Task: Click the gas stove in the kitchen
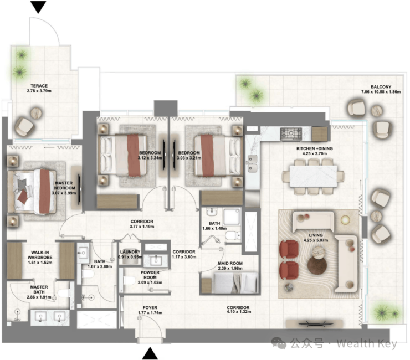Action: (291, 134)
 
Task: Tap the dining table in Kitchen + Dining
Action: (313, 176)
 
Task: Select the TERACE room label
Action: (39, 86)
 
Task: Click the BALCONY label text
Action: (381, 86)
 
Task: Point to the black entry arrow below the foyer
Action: (150, 353)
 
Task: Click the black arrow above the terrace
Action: (38, 7)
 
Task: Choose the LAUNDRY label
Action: (130, 252)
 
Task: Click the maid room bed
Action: (235, 283)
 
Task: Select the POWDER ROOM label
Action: (150, 275)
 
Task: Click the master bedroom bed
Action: (32, 192)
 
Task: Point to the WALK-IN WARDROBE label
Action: (40, 255)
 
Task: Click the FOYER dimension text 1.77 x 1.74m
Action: (150, 313)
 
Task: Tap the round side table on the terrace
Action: (36, 113)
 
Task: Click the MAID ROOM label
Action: (230, 263)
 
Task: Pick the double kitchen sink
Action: (252, 163)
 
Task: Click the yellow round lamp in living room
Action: (345, 220)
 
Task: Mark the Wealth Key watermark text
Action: (367, 343)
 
